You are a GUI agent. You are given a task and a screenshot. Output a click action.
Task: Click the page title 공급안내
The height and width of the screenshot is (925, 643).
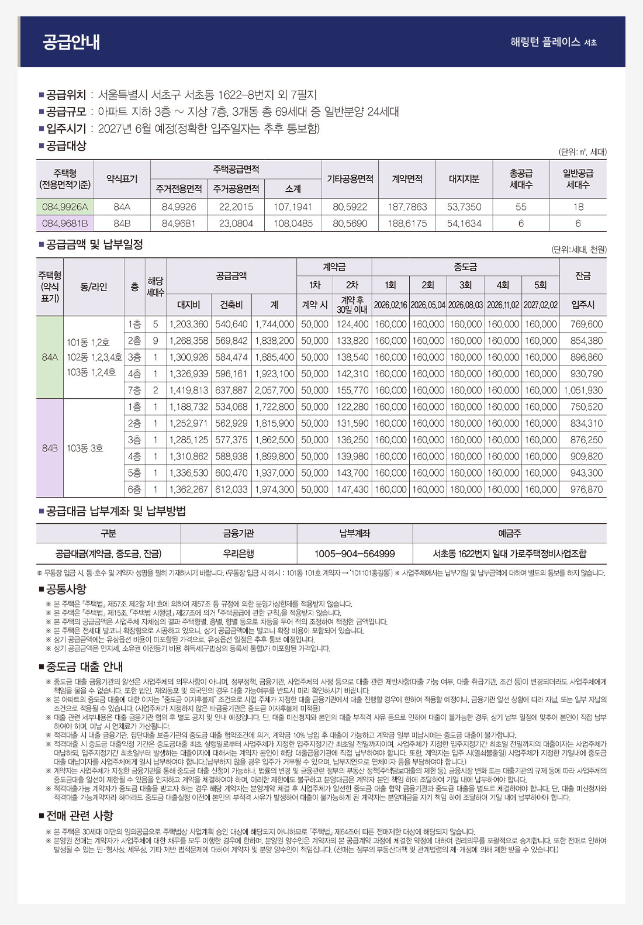71,42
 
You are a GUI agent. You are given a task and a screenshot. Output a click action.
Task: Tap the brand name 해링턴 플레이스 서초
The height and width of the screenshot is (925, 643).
553,42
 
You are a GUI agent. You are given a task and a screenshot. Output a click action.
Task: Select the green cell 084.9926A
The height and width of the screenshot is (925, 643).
65,207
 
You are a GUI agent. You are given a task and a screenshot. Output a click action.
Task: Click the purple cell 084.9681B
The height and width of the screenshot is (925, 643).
65,223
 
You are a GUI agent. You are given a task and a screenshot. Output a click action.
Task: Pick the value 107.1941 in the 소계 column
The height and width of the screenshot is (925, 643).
293,207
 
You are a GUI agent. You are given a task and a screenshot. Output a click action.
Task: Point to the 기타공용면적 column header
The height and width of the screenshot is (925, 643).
350,179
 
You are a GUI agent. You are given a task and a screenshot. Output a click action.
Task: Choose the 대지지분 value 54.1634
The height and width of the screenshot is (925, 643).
464,223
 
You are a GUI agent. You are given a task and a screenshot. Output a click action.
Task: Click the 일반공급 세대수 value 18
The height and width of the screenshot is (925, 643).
578,207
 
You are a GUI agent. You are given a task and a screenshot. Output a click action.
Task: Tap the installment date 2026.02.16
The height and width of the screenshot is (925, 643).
390,305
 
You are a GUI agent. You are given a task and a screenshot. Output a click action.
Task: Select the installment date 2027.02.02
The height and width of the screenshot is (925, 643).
541,305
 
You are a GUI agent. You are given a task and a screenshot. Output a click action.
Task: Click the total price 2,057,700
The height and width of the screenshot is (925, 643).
274,390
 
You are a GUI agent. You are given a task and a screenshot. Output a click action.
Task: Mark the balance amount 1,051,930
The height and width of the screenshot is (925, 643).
583,390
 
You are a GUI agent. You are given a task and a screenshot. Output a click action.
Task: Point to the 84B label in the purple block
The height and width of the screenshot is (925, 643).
50,448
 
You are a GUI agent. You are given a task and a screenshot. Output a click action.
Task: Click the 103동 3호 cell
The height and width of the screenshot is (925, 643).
85,448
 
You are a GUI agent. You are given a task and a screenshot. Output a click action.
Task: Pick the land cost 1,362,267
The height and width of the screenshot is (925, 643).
188,489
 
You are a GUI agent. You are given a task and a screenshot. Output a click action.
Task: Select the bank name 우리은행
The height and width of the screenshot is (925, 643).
238,553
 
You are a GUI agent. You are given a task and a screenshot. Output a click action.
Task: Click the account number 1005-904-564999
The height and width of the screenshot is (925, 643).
354,553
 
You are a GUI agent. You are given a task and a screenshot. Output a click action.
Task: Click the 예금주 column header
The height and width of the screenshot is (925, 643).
509,533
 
